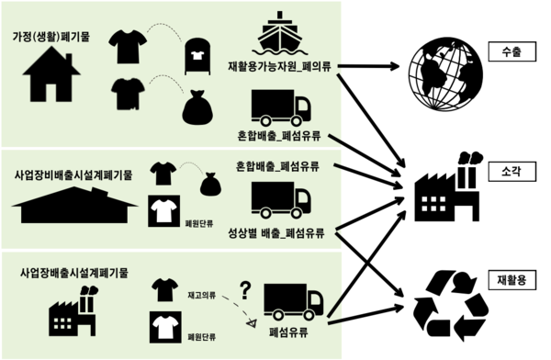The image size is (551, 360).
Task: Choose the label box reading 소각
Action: click(x=512, y=171)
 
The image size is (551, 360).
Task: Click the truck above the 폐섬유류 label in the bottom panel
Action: click(x=293, y=301)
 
